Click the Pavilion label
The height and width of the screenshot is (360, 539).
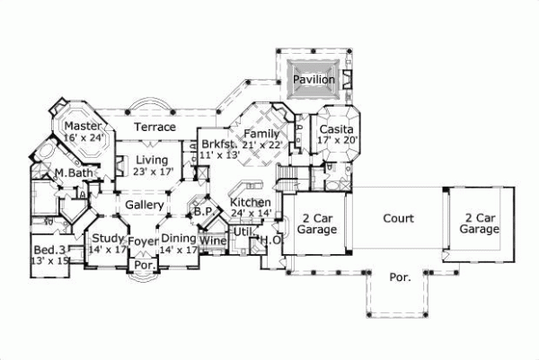(314, 80)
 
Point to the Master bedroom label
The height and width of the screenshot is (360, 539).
(82, 127)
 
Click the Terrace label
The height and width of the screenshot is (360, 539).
(155, 127)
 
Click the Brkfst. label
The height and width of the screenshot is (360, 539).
(217, 144)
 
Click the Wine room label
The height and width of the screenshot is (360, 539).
(212, 241)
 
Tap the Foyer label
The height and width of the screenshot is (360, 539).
(143, 241)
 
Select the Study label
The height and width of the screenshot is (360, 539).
(108, 238)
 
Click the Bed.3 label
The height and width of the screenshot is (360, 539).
(51, 249)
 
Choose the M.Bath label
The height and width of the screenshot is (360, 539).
(71, 172)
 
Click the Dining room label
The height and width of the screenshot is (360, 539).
(180, 238)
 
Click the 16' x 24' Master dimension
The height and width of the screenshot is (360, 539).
(84, 137)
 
